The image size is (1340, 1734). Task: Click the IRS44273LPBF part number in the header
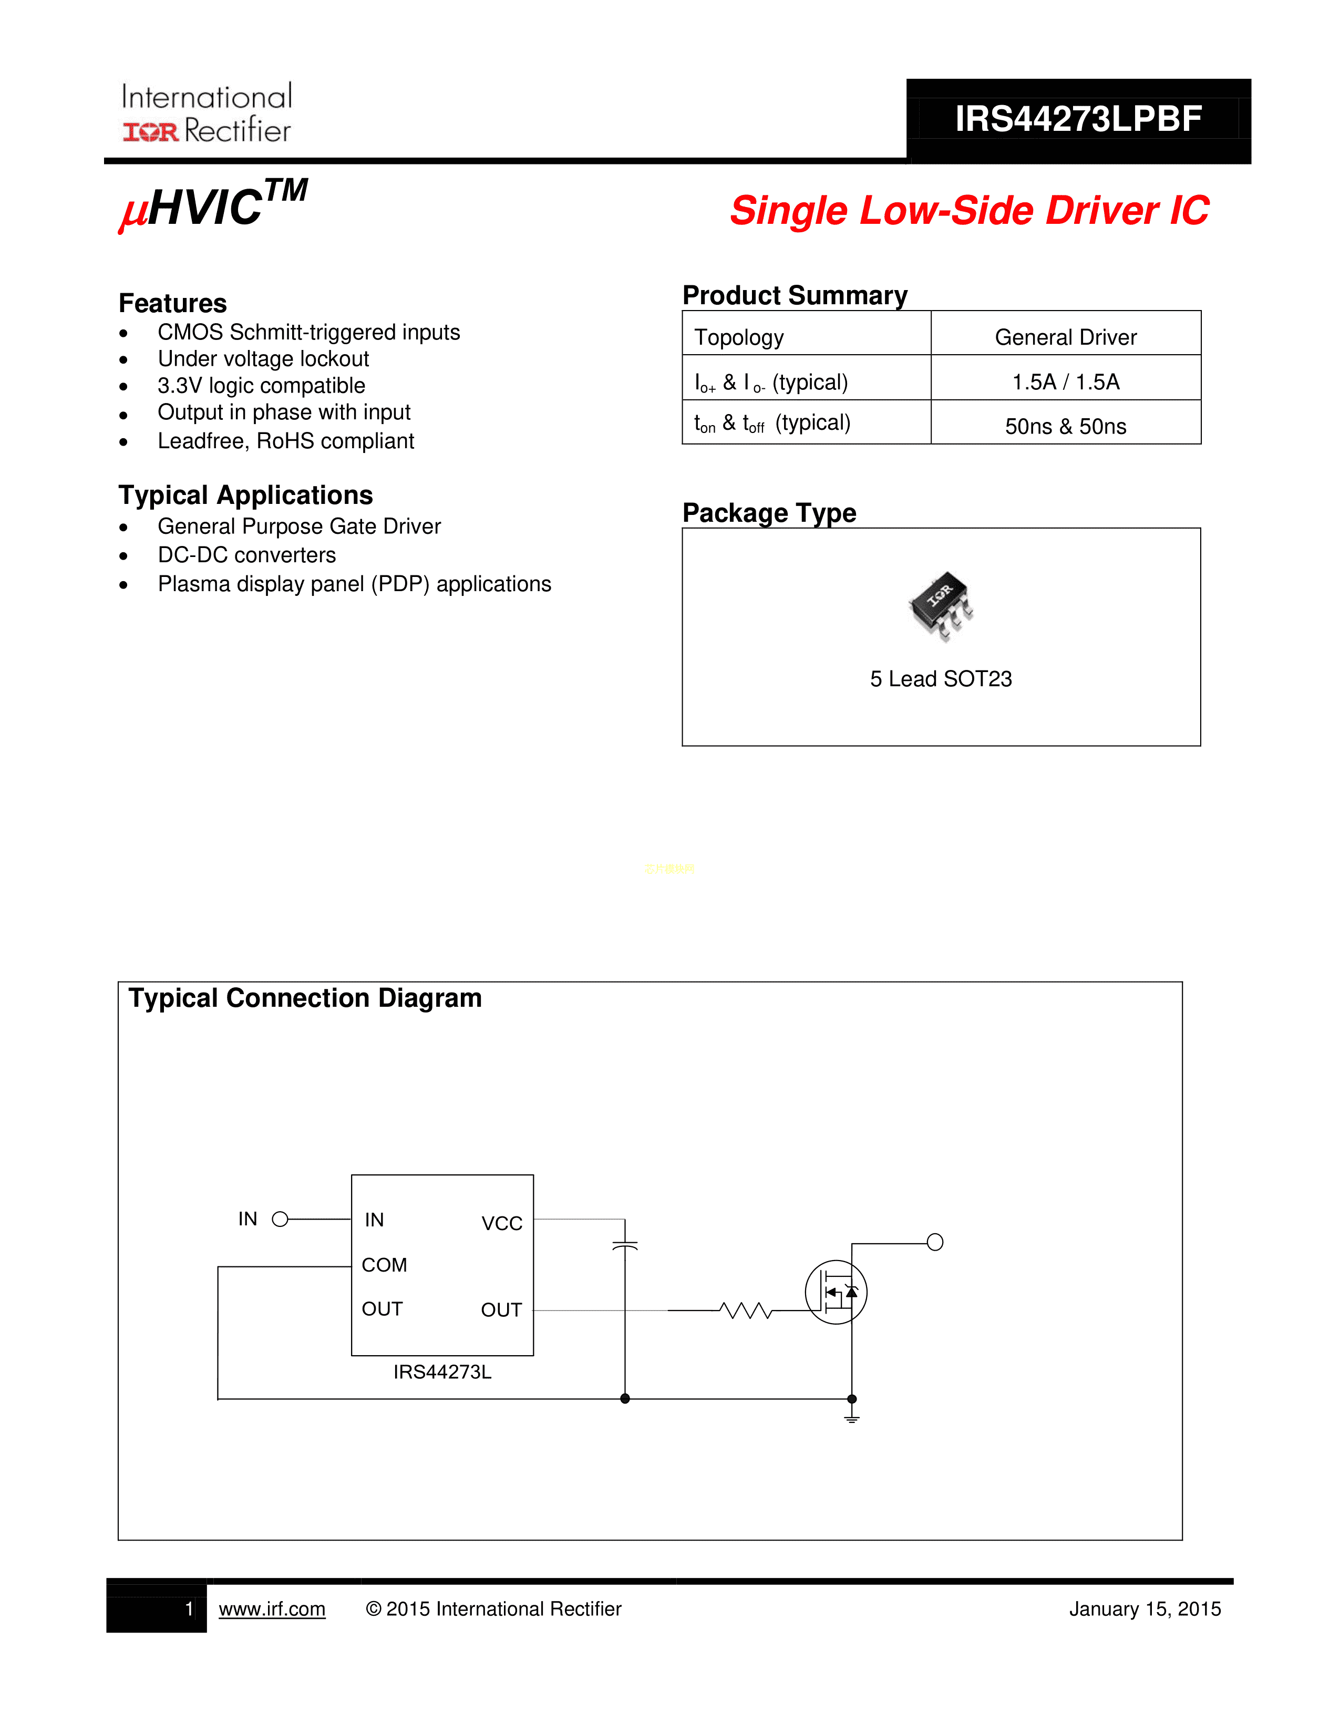[1077, 119]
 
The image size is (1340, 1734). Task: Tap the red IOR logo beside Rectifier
[150, 132]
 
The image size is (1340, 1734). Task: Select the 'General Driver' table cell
[1065, 337]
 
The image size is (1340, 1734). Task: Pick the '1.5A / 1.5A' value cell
[1065, 382]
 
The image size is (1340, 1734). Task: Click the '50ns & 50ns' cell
[1065, 426]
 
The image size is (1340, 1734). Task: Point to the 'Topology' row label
[738, 337]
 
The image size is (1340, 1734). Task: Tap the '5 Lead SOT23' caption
[941, 679]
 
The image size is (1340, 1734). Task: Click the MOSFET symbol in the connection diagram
[836, 1292]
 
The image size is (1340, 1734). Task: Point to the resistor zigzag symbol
[746, 1310]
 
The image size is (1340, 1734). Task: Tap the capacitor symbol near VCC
[625, 1246]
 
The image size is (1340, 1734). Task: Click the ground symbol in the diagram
[852, 1417]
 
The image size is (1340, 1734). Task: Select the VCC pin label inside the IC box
[502, 1223]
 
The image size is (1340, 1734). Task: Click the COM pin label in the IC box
[384, 1265]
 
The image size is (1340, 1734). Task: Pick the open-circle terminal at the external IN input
[280, 1219]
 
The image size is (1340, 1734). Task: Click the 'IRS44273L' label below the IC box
[442, 1372]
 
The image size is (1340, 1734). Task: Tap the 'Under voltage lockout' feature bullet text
[263, 359]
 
